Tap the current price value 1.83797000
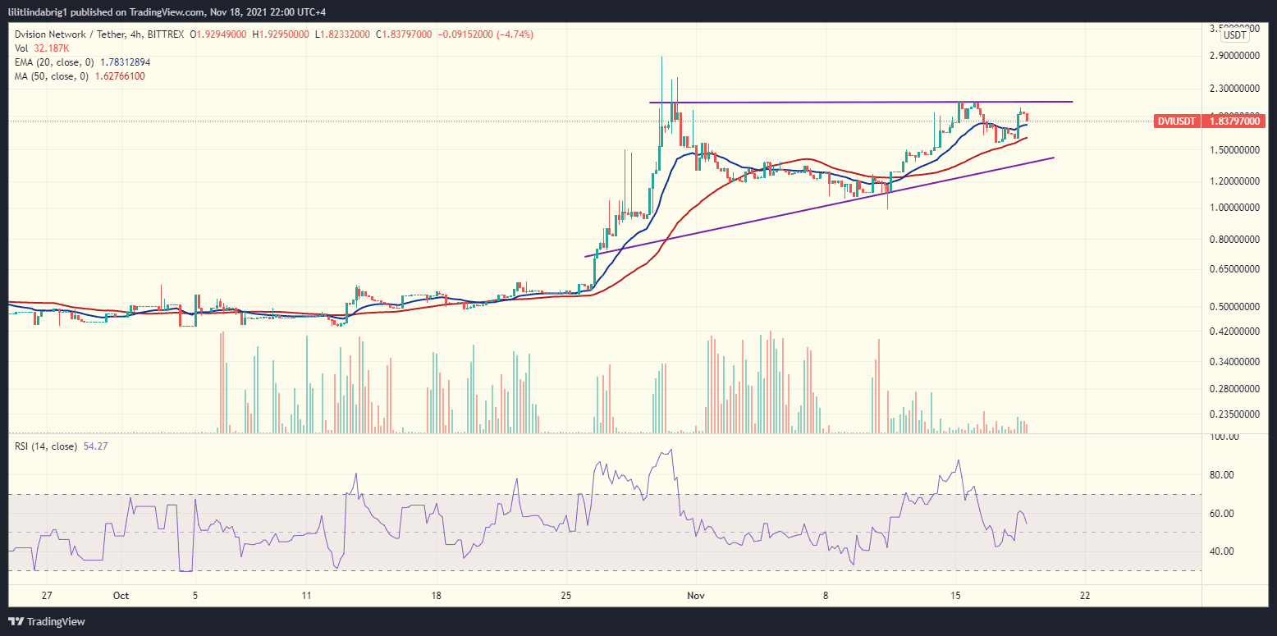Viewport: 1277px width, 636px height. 1234,121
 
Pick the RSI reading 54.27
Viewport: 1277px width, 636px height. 96,446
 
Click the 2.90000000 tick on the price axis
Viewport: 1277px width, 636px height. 1234,56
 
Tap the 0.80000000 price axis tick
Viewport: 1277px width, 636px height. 1234,240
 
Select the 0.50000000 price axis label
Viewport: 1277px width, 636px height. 1234,307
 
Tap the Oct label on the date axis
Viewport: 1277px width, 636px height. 121,595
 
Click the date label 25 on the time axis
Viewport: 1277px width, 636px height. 566,595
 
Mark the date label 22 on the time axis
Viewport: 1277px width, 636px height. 1085,595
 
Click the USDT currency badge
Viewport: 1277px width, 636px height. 1234,35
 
